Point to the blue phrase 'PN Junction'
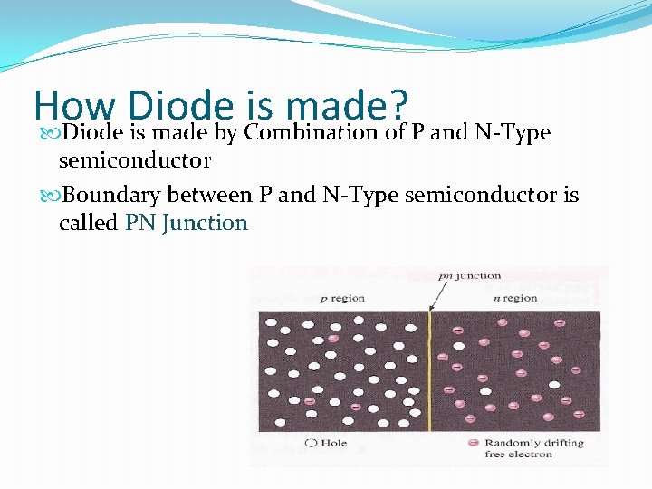coord(186,223)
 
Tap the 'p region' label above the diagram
coord(343,298)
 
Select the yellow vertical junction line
coord(428,370)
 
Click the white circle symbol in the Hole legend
coord(311,444)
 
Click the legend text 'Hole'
coord(333,444)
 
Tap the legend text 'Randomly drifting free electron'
coord(533,449)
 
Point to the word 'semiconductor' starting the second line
coord(135,161)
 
